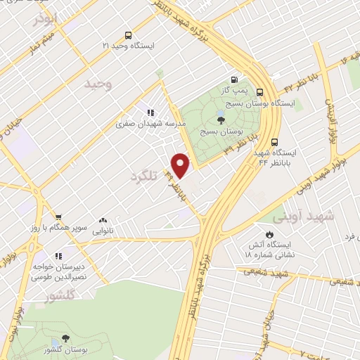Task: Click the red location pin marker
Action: [x=181, y=165]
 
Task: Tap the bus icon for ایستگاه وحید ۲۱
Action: [x=127, y=34]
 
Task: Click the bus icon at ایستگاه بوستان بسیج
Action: [x=260, y=91]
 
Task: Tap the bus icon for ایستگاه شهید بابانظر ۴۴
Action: [x=275, y=141]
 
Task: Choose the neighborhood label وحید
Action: [x=98, y=85]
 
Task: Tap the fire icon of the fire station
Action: [x=269, y=234]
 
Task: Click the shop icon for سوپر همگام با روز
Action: [x=58, y=218]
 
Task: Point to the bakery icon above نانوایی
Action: [x=103, y=220]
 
